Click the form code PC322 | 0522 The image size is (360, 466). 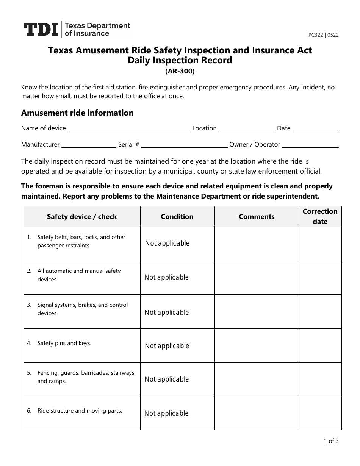(323, 35)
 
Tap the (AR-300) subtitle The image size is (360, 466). (180, 71)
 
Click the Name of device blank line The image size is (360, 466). (129, 129)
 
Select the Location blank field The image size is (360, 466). (247, 129)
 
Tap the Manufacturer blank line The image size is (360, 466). (89, 145)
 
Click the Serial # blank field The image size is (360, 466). (184, 145)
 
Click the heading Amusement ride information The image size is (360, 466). (77, 113)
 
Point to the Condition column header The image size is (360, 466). (177, 217)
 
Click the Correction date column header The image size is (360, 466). (320, 216)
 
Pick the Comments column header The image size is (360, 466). (257, 217)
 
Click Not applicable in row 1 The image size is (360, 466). (167, 243)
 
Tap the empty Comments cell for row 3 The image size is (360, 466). (257, 312)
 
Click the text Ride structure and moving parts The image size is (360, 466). (80, 411)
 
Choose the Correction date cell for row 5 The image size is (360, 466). (320, 379)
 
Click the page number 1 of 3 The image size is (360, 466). (331, 441)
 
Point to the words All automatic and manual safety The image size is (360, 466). (79, 271)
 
